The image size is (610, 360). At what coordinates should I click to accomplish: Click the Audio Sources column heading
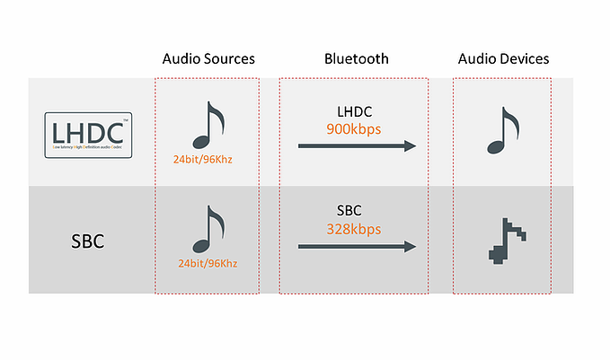[208, 59]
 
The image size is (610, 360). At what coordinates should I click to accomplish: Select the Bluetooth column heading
[356, 59]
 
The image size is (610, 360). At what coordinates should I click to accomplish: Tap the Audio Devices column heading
[503, 59]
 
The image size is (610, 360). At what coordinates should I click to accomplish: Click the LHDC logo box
[89, 135]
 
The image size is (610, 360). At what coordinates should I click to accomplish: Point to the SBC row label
[89, 241]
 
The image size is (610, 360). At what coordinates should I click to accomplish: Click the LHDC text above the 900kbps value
[354, 113]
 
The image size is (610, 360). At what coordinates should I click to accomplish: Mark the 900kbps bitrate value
[354, 128]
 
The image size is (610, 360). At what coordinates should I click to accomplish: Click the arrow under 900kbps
[357, 145]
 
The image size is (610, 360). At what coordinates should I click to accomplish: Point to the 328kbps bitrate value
[354, 229]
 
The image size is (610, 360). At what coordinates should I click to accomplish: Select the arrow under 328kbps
[357, 245]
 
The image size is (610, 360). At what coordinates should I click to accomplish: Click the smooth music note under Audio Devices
[500, 132]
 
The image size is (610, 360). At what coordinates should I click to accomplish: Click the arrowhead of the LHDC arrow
[409, 145]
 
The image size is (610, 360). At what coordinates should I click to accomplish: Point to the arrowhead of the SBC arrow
[409, 245]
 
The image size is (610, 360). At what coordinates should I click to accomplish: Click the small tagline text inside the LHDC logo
[89, 145]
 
